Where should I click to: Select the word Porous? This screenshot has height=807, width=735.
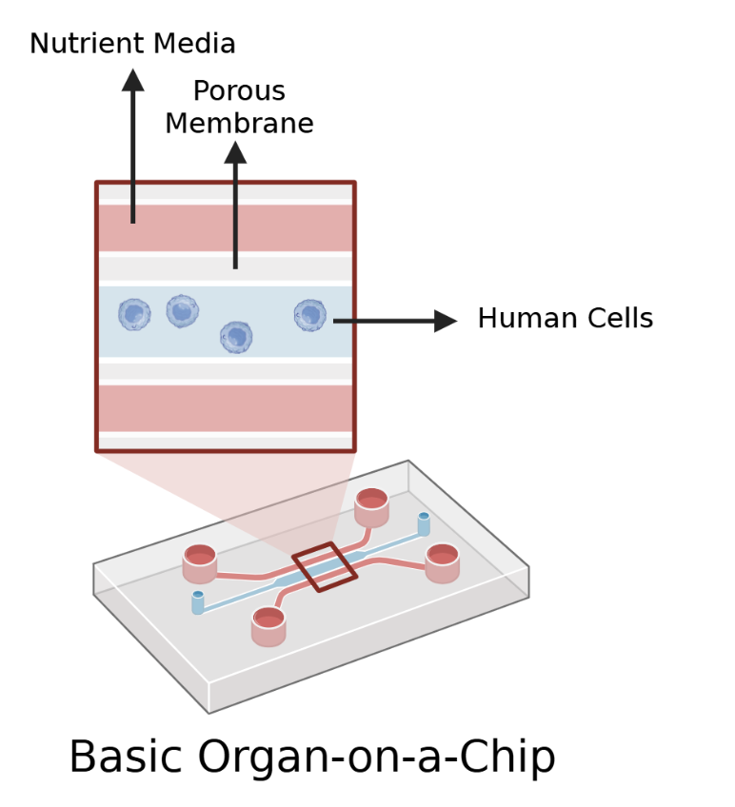click(x=238, y=91)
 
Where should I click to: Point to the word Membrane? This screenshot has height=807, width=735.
click(x=239, y=124)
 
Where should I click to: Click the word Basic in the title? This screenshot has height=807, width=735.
click(x=125, y=758)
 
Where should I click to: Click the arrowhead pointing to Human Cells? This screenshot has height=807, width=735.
click(x=446, y=321)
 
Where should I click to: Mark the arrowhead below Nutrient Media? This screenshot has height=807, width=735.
click(x=133, y=80)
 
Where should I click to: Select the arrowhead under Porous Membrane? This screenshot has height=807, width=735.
click(x=235, y=151)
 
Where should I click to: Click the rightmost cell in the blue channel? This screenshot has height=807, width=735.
click(x=309, y=315)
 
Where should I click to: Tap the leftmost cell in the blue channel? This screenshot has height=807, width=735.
click(x=134, y=314)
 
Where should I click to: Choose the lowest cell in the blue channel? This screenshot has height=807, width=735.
click(x=236, y=336)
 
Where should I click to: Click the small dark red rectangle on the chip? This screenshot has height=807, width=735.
click(x=324, y=567)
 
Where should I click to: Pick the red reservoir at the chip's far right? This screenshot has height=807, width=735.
click(x=443, y=562)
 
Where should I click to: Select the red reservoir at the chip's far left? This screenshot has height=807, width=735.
click(x=200, y=563)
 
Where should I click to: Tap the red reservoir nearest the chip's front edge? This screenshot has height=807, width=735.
click(x=268, y=625)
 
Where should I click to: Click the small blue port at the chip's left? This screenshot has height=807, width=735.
click(x=198, y=602)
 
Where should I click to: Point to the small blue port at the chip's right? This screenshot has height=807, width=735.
click(x=424, y=523)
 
